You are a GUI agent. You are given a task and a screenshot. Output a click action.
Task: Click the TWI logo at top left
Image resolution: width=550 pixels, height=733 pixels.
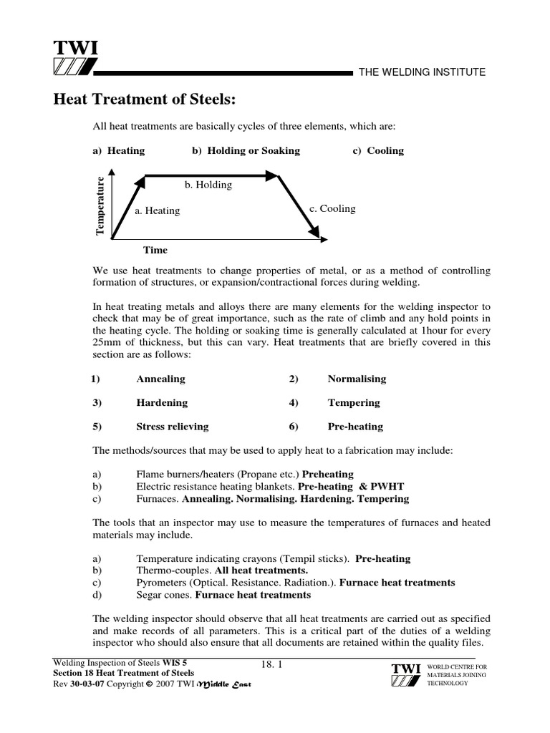[x=74, y=57]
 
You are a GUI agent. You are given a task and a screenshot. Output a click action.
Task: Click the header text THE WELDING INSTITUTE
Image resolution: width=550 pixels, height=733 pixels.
[x=422, y=72]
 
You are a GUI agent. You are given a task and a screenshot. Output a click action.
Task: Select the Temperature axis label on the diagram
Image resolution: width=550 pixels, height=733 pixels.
[x=101, y=205]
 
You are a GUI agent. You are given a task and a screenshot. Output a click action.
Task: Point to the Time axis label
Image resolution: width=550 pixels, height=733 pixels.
[x=155, y=250]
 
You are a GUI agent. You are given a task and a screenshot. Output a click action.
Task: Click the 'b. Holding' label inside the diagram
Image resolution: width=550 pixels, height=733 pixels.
[x=208, y=185]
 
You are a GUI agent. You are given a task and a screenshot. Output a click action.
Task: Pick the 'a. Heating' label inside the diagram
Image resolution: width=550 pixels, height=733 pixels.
[x=158, y=211]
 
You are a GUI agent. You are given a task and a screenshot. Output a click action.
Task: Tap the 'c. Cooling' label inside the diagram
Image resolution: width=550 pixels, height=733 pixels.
[x=332, y=209]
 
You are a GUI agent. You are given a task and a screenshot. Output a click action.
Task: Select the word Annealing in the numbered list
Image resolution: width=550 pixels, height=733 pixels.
[x=160, y=379]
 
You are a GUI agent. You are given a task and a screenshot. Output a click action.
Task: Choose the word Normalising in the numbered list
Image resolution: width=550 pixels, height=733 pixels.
[x=357, y=379]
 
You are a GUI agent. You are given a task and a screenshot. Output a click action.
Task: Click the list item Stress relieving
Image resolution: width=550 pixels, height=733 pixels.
[x=173, y=427]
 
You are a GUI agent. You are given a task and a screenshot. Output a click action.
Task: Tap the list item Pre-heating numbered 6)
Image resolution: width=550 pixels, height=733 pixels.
[x=355, y=427]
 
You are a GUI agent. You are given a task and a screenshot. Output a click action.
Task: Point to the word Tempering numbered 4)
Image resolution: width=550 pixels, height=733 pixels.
[x=354, y=403]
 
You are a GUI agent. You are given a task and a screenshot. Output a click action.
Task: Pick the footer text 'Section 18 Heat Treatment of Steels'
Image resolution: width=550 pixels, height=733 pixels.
[x=123, y=674]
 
